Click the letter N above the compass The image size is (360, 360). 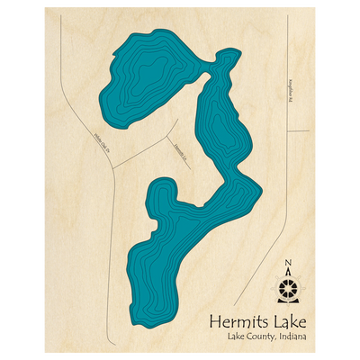[288, 264]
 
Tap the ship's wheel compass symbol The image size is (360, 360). [288, 289]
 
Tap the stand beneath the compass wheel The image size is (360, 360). [288, 303]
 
